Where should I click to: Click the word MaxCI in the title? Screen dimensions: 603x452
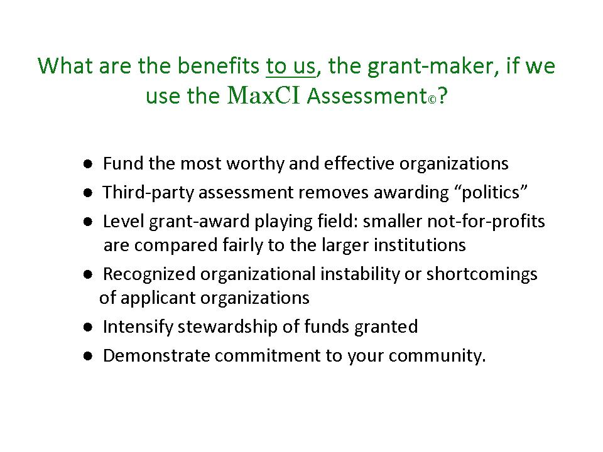pos(263,95)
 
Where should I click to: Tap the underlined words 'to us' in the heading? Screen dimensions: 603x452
pos(291,66)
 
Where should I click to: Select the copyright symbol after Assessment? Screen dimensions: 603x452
pos(432,100)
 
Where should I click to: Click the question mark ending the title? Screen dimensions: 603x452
pos(443,95)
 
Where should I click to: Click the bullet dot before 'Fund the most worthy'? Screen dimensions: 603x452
pos(88,164)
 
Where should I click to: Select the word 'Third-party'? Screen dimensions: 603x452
pos(148,193)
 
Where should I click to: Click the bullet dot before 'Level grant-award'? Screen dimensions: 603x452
pos(88,222)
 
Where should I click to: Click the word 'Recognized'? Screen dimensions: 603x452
pos(149,274)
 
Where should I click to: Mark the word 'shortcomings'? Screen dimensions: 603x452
pos(482,274)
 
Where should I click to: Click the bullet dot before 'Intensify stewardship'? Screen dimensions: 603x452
pos(88,328)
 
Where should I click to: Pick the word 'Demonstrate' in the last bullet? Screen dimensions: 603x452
pos(156,355)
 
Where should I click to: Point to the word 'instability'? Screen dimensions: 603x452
pos(360,274)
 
